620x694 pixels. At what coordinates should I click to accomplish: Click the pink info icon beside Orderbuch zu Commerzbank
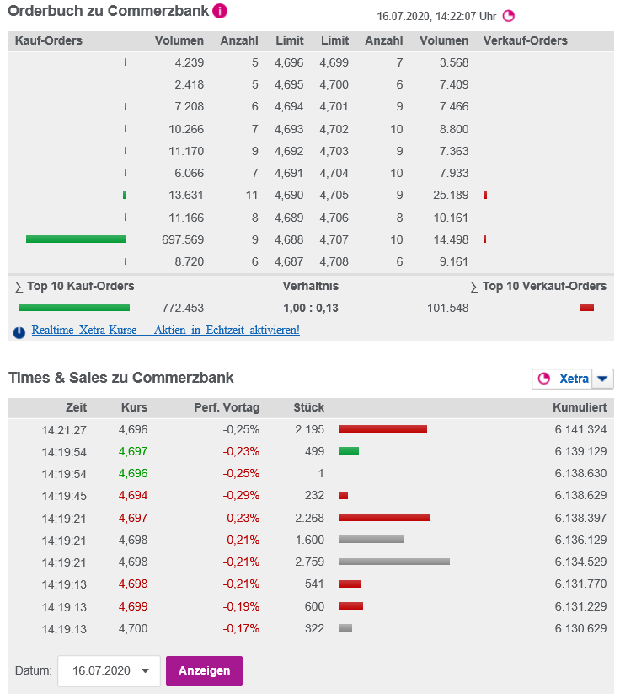point(220,11)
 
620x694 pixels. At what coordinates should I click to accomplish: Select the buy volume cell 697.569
point(183,239)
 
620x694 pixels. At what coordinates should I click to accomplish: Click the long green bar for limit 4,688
point(76,239)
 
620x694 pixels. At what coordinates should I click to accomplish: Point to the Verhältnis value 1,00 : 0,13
point(311,308)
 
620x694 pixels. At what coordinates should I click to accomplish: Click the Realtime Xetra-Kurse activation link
point(165,330)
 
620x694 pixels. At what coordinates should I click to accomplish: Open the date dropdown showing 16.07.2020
point(109,670)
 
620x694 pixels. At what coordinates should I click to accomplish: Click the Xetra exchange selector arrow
point(602,379)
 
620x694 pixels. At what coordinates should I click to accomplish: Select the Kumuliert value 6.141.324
point(580,429)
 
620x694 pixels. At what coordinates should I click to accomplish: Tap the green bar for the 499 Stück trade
point(349,451)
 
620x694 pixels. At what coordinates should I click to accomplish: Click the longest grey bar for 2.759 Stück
point(393,561)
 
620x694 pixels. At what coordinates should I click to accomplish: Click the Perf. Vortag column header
point(227,407)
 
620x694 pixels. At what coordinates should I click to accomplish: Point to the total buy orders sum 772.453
point(183,308)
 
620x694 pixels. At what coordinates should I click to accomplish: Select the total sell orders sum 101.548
point(447,308)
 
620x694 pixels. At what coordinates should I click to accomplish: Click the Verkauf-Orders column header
point(526,40)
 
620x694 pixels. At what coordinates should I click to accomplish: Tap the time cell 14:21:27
point(64,429)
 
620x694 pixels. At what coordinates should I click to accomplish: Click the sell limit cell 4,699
point(334,62)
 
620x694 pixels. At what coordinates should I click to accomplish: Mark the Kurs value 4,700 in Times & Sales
point(133,628)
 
